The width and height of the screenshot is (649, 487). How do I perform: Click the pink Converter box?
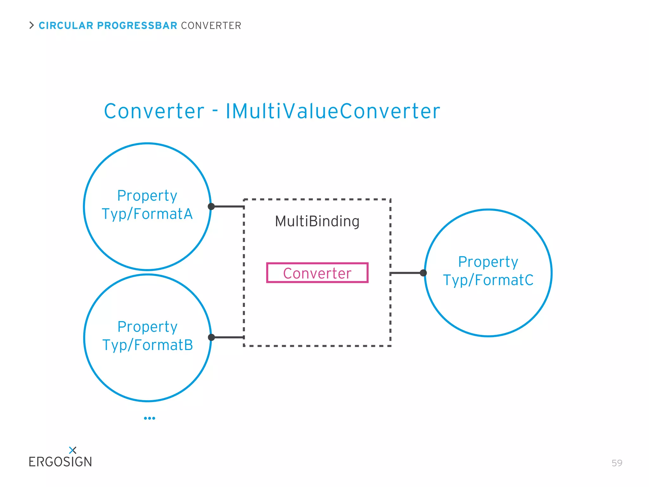[317, 273]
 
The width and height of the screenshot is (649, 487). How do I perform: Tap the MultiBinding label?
[317, 221]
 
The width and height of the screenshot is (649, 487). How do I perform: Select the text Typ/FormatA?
[147, 214]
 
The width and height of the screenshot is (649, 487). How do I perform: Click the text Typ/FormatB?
[148, 345]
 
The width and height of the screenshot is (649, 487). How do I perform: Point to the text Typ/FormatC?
[488, 280]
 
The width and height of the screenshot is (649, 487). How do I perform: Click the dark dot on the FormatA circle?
[211, 207]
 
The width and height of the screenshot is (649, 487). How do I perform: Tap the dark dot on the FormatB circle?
[211, 337]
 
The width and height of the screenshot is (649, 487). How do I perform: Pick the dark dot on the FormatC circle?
[423, 273]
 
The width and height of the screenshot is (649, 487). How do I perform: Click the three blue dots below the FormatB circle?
[150, 418]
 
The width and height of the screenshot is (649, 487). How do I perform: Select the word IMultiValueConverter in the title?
[333, 111]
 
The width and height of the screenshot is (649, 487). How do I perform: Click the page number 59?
[617, 463]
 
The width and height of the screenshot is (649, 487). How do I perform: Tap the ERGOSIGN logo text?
[60, 462]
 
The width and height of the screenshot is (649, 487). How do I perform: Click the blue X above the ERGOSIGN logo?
[73, 450]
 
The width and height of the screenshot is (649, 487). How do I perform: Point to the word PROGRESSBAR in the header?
[137, 26]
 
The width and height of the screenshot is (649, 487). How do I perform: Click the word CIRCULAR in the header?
[66, 26]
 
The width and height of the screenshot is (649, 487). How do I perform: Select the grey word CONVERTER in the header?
[211, 26]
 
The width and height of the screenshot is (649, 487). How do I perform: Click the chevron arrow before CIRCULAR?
[31, 25]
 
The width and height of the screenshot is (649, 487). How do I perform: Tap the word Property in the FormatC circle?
[488, 262]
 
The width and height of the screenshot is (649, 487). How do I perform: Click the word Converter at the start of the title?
[154, 111]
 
